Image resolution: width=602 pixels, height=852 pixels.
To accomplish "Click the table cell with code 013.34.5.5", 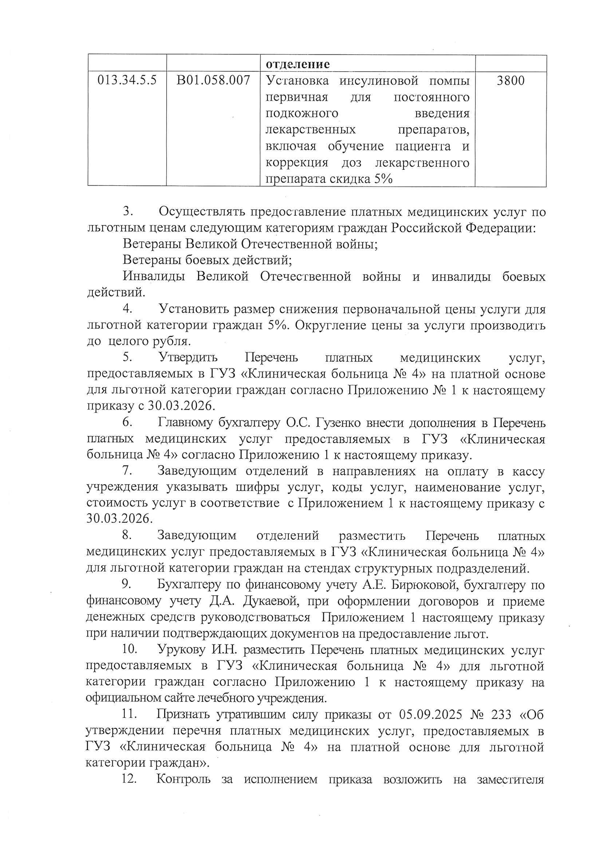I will coord(127,81).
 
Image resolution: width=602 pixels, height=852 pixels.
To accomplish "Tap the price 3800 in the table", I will coord(510,81).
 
